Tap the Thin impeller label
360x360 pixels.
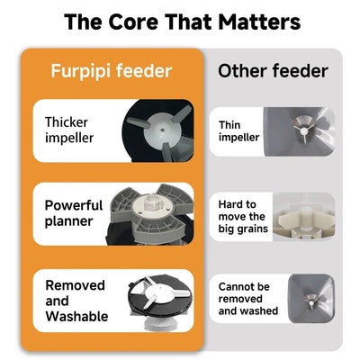click(239, 131)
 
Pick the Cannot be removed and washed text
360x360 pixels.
click(248, 300)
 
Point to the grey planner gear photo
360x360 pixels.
click(148, 214)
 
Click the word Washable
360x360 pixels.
click(76, 316)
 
